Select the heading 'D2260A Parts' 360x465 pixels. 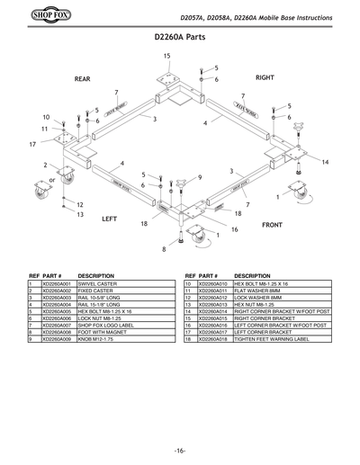(x=181, y=39)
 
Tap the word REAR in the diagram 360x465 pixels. (x=83, y=79)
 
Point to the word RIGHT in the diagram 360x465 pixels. (x=265, y=78)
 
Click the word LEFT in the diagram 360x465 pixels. (x=110, y=219)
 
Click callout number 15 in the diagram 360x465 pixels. (x=167, y=56)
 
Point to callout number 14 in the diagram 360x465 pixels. (x=325, y=161)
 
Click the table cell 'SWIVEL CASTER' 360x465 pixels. (x=100, y=284)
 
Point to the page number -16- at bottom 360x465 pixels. (x=180, y=449)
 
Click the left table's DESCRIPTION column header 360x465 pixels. (x=95, y=275)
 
